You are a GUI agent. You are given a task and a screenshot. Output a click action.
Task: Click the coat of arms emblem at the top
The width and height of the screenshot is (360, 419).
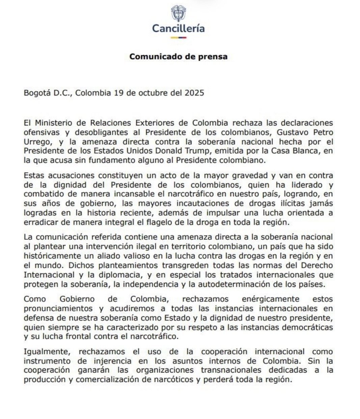tap(178, 13)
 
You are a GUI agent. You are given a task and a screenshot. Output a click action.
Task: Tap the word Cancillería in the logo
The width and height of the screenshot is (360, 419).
tap(178, 28)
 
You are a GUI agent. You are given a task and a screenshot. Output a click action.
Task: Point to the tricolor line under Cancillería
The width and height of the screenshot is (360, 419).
tap(178, 37)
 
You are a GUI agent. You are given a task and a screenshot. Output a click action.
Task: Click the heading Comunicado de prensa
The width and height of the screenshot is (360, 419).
tap(178, 56)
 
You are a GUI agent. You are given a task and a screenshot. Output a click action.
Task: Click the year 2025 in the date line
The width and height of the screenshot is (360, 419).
tap(194, 93)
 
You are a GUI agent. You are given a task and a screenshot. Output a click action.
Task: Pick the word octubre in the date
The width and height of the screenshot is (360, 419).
tap(151, 93)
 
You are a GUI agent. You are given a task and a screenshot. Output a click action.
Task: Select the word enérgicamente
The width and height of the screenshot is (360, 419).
tap(270, 299)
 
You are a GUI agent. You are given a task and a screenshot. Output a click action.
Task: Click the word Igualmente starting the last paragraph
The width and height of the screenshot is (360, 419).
tap(47, 352)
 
